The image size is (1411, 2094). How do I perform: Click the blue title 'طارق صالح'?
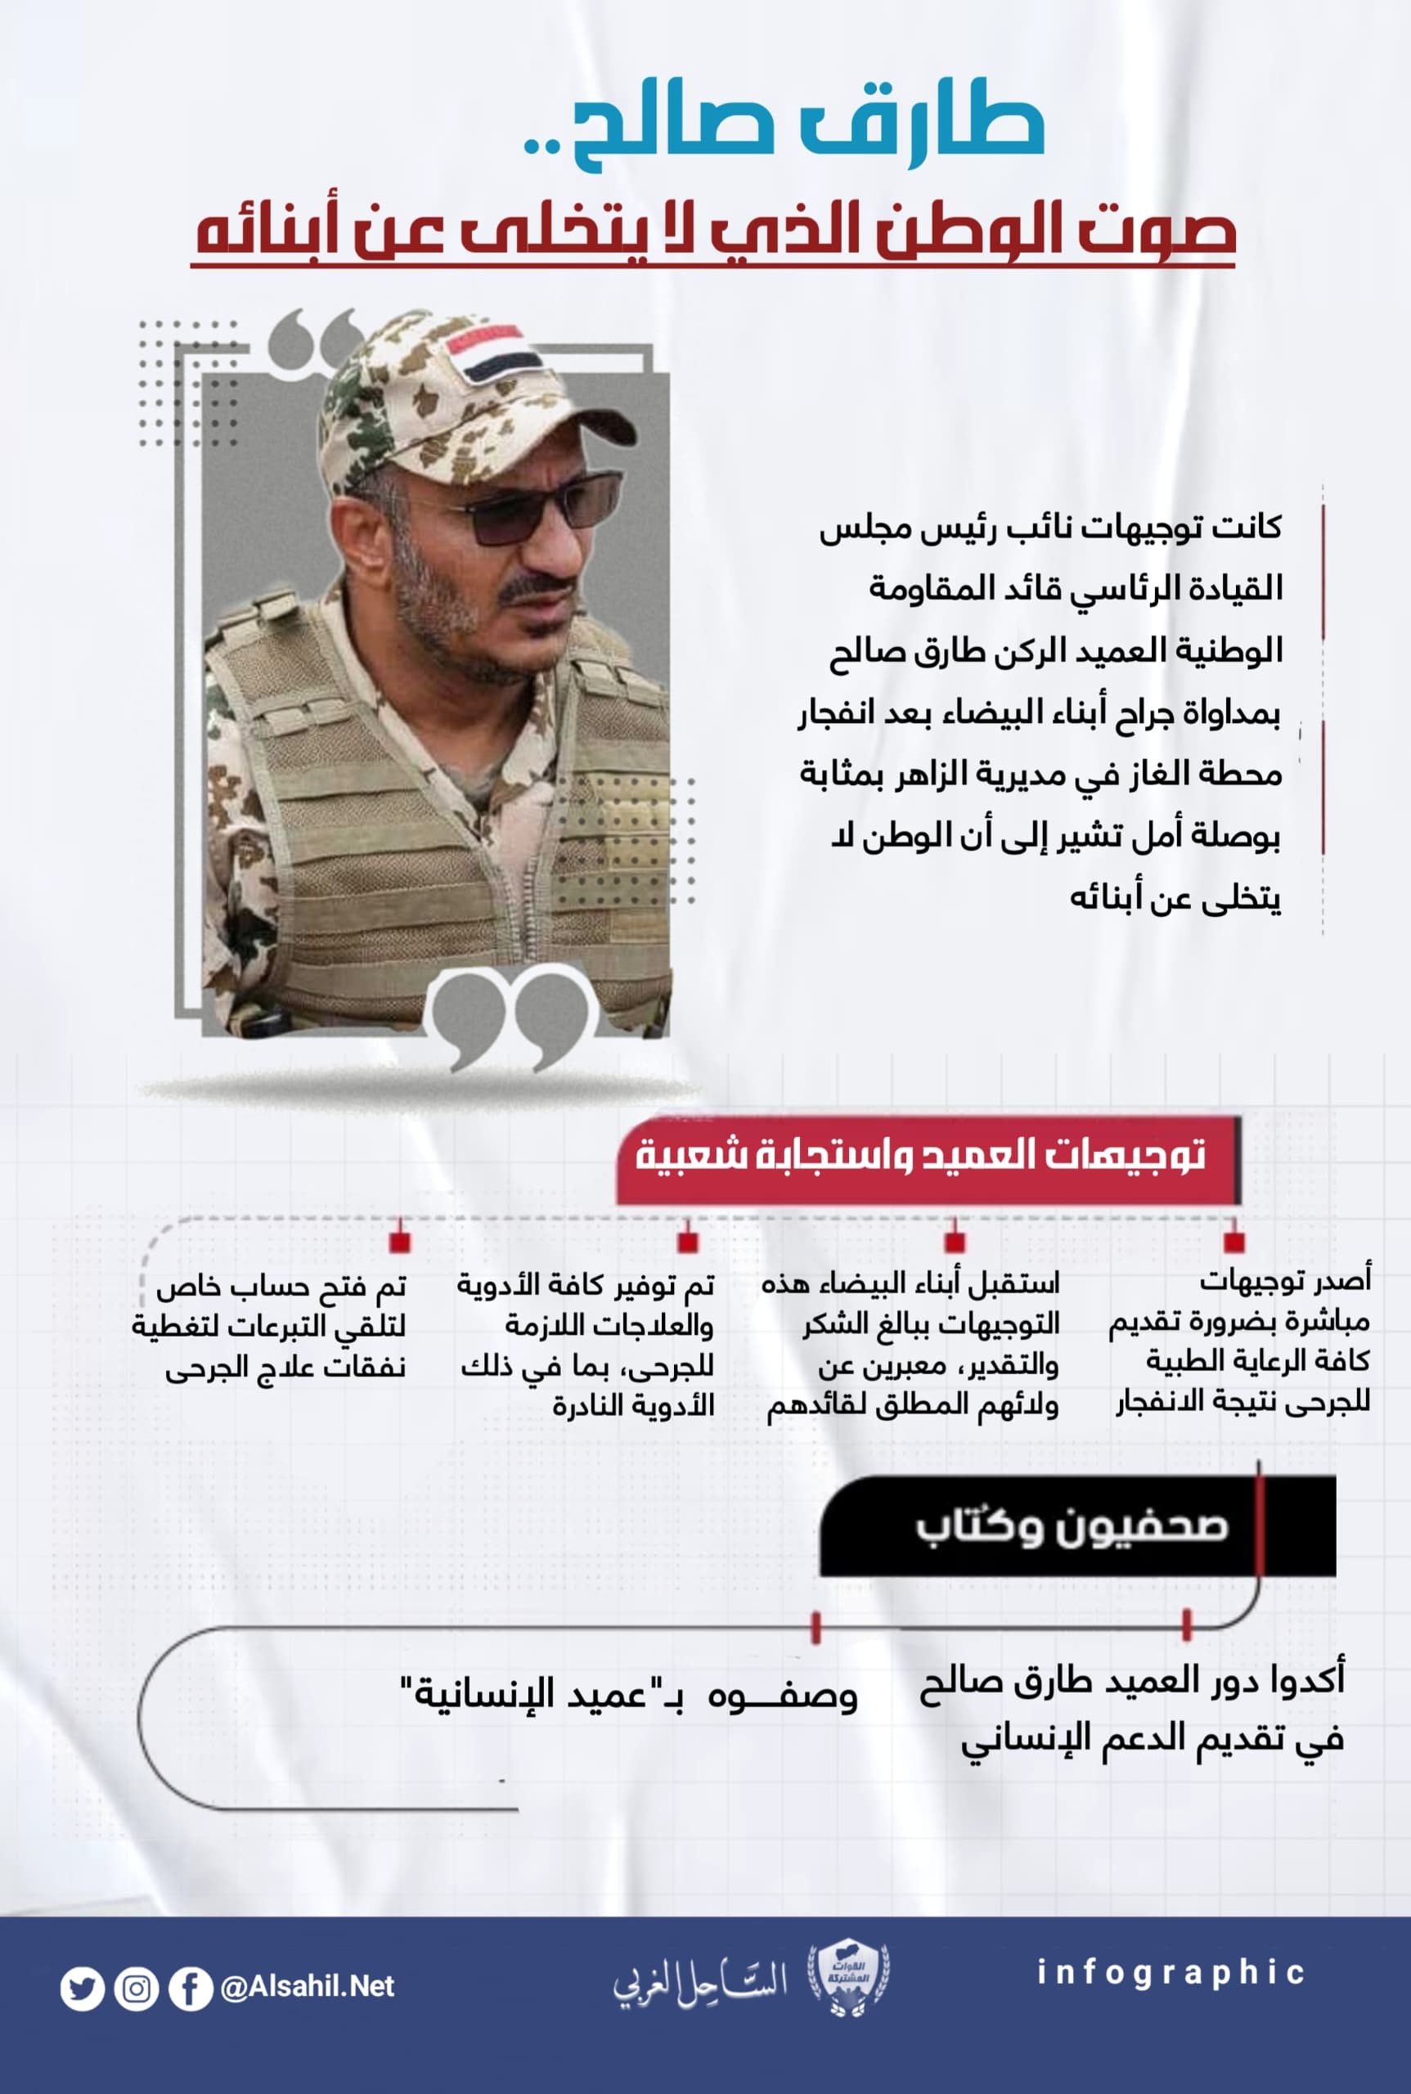pyautogui.click(x=783, y=131)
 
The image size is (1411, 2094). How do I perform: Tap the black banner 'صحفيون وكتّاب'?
pyautogui.click(x=1071, y=1526)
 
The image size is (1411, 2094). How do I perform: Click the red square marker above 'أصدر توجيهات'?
pyautogui.click(x=1234, y=1242)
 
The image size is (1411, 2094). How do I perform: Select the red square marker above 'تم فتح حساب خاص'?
pyautogui.click(x=401, y=1242)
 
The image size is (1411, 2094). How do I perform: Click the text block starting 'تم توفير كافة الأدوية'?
pyautogui.click(x=587, y=1345)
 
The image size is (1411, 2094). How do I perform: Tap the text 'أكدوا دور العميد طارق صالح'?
pyautogui.click(x=1131, y=1680)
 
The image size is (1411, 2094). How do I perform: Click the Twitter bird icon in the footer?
pyautogui.click(x=82, y=1988)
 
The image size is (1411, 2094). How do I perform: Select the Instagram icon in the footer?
pyautogui.click(x=137, y=1988)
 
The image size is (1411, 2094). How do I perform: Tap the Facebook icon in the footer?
pyautogui.click(x=191, y=1988)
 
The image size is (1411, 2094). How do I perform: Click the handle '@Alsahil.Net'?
pyautogui.click(x=307, y=1987)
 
